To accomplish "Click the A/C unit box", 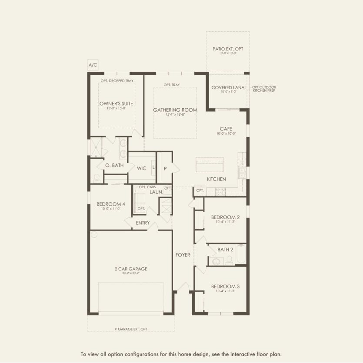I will (x=93, y=65).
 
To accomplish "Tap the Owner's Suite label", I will (x=116, y=103).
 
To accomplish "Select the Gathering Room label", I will (x=175, y=110).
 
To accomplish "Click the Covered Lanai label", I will (x=229, y=88).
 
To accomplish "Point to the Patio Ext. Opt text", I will (x=227, y=49).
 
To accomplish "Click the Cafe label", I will (x=226, y=129).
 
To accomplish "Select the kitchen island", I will (x=209, y=165).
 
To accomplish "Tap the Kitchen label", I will (x=216, y=179).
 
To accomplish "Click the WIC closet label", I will (x=142, y=168).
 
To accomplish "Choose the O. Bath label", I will (x=114, y=166).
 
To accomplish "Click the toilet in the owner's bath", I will (x=97, y=178).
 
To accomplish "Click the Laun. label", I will (x=157, y=192).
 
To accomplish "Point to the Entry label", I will (x=143, y=223).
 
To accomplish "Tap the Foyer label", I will (x=183, y=255).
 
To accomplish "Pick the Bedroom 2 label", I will (x=225, y=217).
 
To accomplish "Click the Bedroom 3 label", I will (x=225, y=286).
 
